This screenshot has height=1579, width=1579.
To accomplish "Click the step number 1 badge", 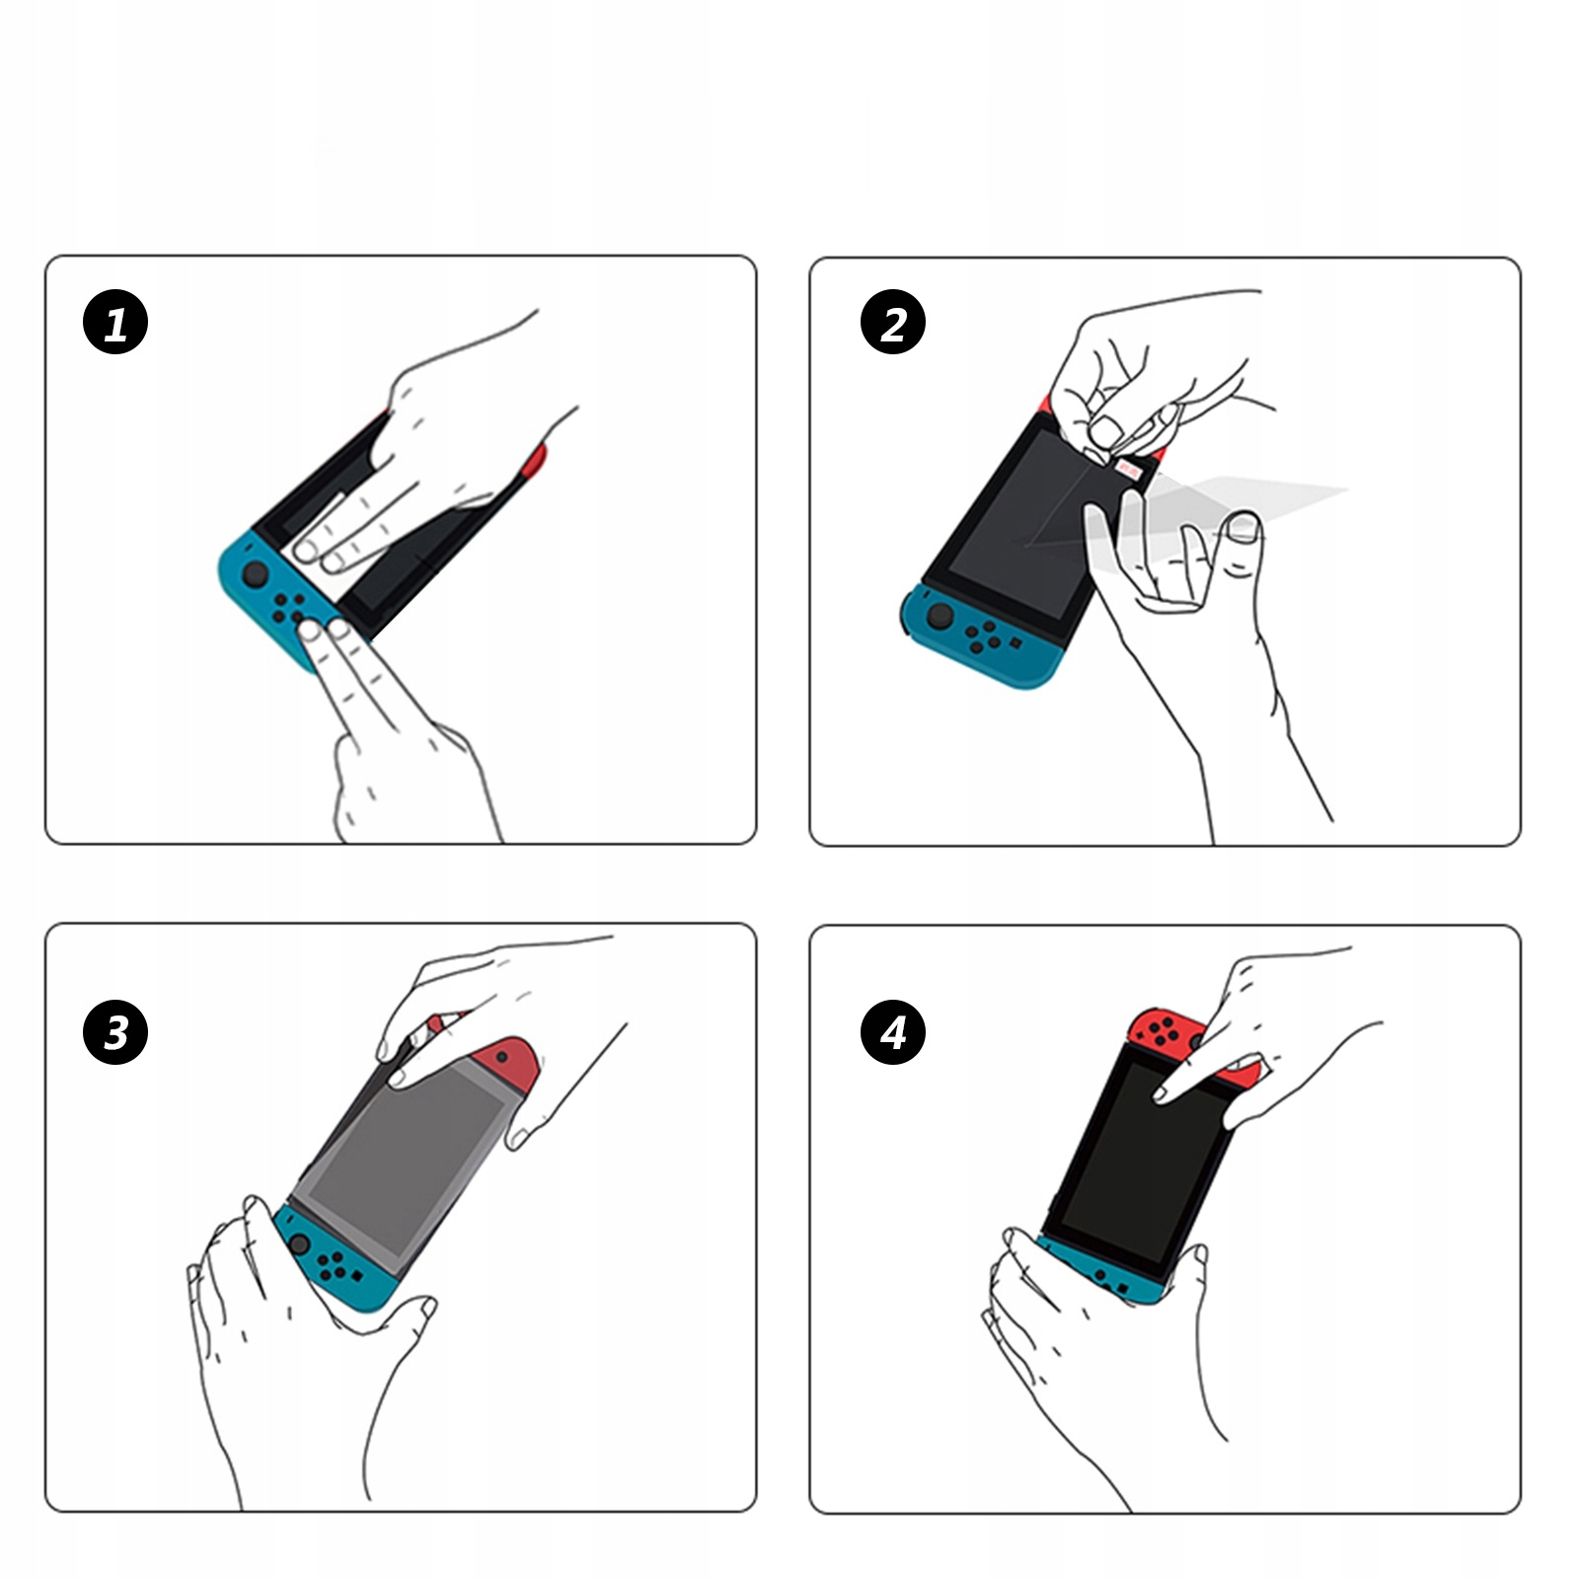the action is [x=115, y=323].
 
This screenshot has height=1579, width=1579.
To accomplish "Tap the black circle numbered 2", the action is [x=893, y=323].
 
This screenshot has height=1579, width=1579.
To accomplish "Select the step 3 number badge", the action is [x=115, y=1033].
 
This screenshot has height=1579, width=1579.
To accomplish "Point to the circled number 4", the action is [x=893, y=1033].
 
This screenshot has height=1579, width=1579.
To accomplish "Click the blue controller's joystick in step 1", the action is [x=255, y=574].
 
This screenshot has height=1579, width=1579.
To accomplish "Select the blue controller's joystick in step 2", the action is [x=940, y=616].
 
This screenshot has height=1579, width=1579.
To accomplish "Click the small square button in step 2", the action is [x=1015, y=641].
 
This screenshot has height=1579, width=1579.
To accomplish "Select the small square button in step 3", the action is [x=356, y=1275].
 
